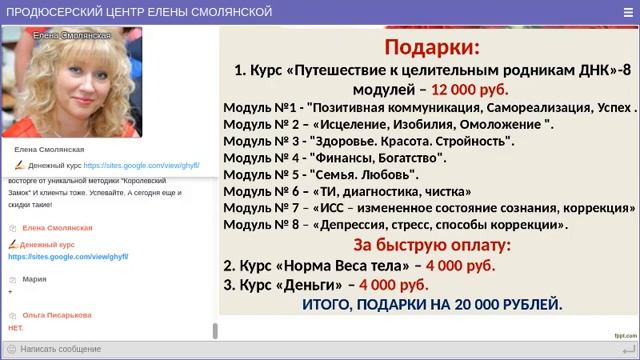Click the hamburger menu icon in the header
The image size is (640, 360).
[x=625, y=11]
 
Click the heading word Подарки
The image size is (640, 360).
[x=432, y=47]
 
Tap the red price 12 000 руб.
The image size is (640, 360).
[x=469, y=89]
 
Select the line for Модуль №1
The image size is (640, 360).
[x=429, y=107]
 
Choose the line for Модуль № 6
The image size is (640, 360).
[x=346, y=191]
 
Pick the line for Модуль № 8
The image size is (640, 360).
[x=395, y=225]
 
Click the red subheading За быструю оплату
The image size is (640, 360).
[x=432, y=245]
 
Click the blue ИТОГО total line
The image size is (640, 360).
[x=431, y=304]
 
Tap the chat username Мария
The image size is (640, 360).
[x=34, y=279]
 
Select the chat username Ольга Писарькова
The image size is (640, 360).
[x=56, y=315]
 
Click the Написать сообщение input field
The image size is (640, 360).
[x=110, y=349]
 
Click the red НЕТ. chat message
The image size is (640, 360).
[x=15, y=328]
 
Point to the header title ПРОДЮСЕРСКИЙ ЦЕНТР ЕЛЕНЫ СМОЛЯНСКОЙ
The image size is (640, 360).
[x=139, y=11]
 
